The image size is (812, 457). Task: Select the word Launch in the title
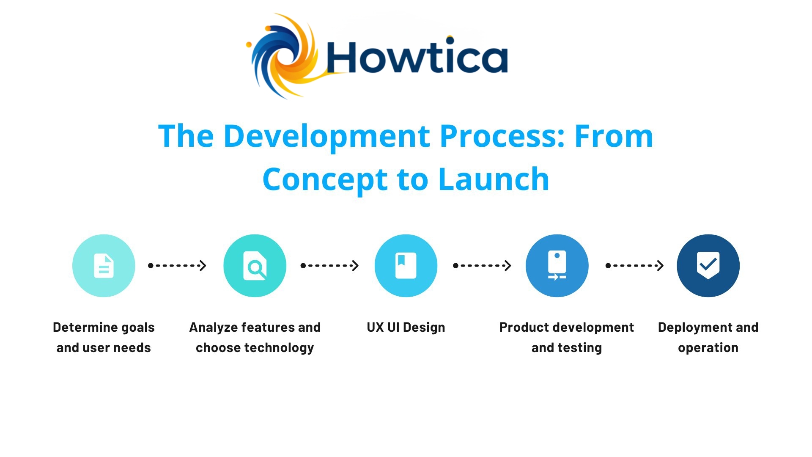(x=494, y=179)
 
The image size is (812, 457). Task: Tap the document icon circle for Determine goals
(x=104, y=266)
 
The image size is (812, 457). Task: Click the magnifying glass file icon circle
(x=255, y=266)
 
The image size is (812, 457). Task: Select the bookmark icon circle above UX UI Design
(x=406, y=266)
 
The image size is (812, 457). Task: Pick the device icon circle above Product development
(x=557, y=266)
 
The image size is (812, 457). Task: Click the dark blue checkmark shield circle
(x=708, y=266)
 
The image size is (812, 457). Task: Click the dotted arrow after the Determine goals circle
(x=177, y=266)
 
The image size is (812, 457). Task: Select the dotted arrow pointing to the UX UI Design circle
(x=329, y=266)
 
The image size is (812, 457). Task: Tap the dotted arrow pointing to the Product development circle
(x=482, y=266)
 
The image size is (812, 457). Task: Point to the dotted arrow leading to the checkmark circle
(x=634, y=266)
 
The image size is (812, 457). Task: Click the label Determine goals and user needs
(x=104, y=337)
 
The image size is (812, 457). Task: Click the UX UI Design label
(x=406, y=328)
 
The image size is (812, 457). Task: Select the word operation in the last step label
(x=708, y=348)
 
